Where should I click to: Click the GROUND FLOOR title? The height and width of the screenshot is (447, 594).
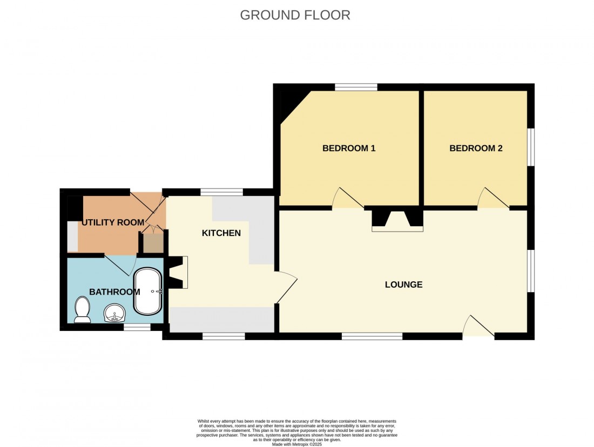[295, 15]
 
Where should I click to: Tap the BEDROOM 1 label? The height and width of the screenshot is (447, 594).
[349, 148]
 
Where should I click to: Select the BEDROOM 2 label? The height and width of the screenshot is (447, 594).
[476, 148]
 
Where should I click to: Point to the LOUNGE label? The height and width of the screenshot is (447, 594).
[403, 285]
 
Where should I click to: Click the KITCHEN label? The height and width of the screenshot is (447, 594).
[221, 233]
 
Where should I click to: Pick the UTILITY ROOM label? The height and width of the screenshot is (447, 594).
[113, 222]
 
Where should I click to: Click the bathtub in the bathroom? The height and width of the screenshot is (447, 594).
[147, 292]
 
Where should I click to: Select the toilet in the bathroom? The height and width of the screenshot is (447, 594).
[83, 309]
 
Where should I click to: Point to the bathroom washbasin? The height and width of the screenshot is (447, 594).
[114, 313]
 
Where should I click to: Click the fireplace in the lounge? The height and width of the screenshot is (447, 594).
[397, 220]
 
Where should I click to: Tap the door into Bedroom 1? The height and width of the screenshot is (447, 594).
[347, 199]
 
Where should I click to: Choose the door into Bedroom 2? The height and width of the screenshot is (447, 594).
[492, 199]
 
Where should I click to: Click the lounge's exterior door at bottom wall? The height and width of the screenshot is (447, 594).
[478, 327]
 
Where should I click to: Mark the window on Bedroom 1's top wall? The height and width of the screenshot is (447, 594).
[355, 86]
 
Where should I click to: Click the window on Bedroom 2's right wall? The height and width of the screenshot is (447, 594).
[530, 147]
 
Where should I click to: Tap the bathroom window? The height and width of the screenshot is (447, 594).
[137, 327]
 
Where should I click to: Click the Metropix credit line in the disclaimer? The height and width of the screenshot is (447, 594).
[297, 444]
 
